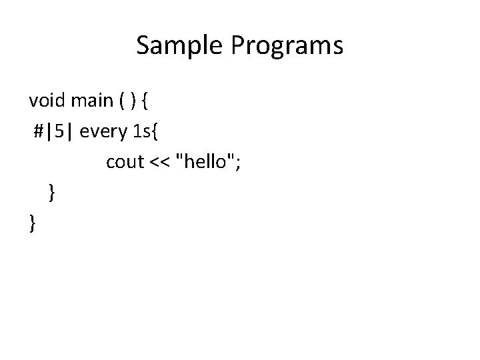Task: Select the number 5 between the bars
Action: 59,132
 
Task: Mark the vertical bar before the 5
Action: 50,132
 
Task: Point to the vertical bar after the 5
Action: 69,132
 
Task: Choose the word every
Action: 103,132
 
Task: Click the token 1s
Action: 141,132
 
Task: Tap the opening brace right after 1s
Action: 155,132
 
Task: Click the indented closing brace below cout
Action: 52,193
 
